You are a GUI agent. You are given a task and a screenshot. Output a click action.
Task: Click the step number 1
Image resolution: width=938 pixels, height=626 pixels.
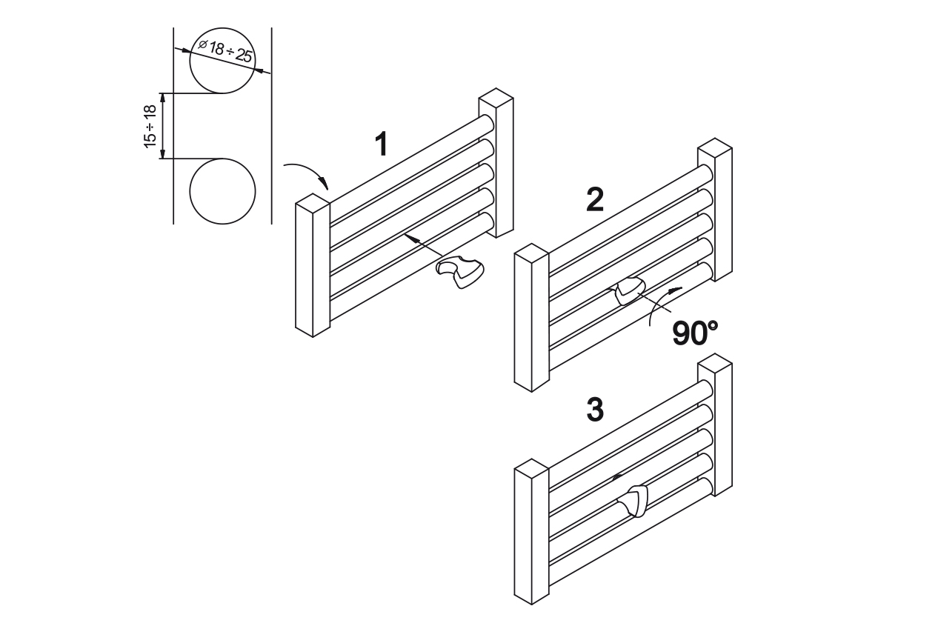tap(381, 144)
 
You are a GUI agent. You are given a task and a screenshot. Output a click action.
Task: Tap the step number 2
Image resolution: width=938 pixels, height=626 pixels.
tap(595, 199)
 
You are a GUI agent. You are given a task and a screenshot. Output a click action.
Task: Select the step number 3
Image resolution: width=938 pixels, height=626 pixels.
tap(595, 410)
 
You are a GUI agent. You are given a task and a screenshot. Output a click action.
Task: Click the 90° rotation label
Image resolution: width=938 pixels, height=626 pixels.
tap(695, 333)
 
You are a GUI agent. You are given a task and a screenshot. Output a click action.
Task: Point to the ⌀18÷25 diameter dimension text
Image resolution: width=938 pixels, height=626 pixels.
tap(225, 51)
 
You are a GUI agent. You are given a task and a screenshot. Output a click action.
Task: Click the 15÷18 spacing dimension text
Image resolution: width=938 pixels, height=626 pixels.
tap(150, 126)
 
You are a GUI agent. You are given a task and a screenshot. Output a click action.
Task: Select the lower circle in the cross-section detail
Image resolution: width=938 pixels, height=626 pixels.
tap(222, 191)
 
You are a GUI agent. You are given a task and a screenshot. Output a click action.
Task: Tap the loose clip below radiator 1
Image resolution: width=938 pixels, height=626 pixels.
tap(460, 272)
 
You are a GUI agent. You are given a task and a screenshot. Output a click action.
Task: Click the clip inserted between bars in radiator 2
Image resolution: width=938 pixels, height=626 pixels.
tap(629, 290)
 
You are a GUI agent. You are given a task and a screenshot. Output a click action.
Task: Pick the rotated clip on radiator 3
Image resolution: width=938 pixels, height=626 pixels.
tap(633, 500)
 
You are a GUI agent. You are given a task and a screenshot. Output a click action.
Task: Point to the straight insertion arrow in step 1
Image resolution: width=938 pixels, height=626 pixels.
tap(423, 245)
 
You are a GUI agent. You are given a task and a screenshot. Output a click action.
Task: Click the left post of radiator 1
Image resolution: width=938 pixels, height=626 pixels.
tap(313, 265)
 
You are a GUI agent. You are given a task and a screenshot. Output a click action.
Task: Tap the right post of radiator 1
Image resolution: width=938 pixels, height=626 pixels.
tap(496, 163)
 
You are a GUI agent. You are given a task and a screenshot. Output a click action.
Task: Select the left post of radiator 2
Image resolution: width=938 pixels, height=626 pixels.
tap(531, 318)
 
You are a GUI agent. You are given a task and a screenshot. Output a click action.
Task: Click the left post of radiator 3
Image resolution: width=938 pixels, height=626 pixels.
tap(531, 532)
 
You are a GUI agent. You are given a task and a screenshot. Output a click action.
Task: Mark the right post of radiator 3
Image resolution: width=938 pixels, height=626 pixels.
tap(715, 424)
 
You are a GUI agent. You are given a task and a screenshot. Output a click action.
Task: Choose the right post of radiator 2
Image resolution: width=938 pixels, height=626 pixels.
tap(715, 210)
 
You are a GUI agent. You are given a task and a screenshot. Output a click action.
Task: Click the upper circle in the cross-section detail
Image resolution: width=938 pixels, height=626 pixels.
tap(222, 60)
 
